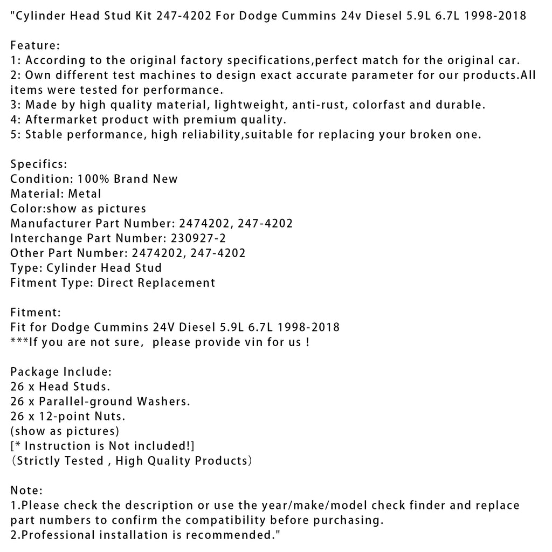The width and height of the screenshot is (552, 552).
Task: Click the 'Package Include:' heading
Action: [61, 371]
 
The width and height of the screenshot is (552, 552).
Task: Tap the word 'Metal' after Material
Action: [85, 193]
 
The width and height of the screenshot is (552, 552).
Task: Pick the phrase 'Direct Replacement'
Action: [156, 282]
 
